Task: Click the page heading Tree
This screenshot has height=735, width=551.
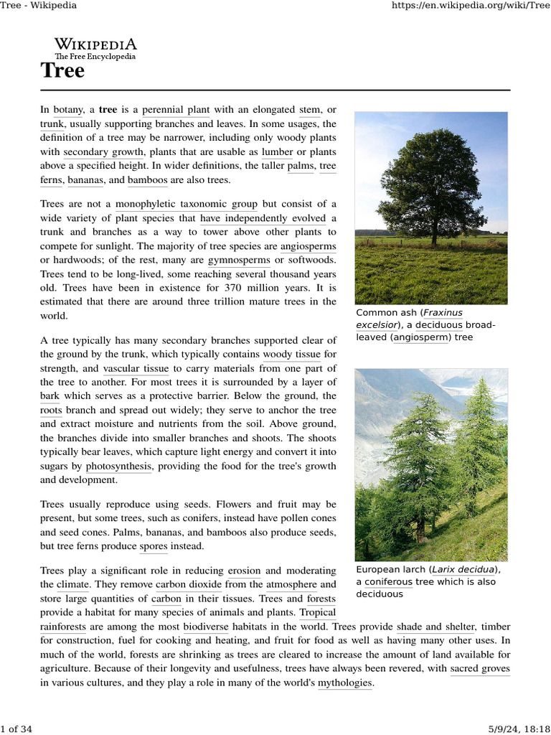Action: coord(62,70)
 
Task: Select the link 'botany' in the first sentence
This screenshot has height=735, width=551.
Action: coord(67,110)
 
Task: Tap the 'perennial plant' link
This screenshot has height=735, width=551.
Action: coord(176,110)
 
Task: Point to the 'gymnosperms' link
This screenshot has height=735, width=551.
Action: coord(239,260)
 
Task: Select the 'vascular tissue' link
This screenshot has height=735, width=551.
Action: coord(136,368)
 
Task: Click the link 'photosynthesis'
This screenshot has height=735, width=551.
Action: coord(118,467)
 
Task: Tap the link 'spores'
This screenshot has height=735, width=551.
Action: coord(154,546)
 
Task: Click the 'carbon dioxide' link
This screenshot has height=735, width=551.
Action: coord(189,585)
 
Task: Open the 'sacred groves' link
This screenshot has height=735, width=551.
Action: coord(480,669)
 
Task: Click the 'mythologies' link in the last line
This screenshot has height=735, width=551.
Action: coord(345,683)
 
